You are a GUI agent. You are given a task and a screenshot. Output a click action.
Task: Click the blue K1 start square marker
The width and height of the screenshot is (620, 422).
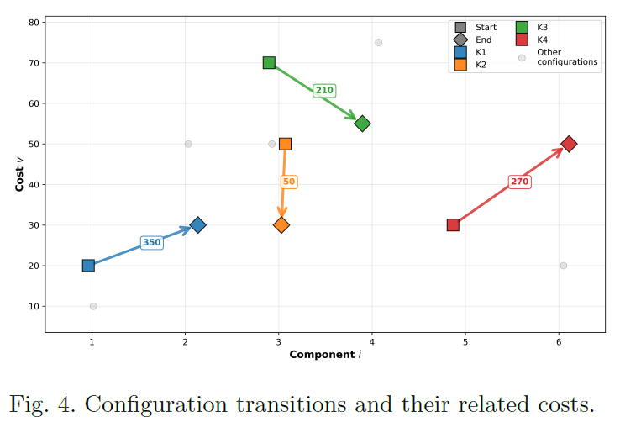point(88,266)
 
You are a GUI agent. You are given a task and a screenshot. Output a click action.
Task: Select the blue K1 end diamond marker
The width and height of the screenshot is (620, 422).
point(197,224)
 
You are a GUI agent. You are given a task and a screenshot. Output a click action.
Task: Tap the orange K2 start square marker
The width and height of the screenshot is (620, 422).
point(285,144)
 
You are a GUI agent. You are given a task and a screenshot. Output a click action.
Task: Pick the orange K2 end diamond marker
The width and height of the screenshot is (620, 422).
point(281,224)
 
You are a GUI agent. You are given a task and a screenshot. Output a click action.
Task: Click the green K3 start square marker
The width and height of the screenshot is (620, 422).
point(269,62)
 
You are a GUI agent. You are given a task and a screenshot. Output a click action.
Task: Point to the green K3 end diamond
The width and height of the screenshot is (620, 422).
point(362,124)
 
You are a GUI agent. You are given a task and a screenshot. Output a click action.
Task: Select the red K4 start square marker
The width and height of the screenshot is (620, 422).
point(453,224)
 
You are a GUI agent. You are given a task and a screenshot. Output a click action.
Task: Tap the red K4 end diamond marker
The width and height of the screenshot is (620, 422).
point(569,144)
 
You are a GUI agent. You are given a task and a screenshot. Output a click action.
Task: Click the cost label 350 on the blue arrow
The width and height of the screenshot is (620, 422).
point(151,243)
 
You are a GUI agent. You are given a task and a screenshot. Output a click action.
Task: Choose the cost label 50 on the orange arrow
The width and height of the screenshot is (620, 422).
point(289,182)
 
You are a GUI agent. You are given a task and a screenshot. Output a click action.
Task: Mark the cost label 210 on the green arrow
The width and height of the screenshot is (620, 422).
point(324,91)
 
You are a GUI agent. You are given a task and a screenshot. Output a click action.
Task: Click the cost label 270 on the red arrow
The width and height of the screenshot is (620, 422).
point(520,182)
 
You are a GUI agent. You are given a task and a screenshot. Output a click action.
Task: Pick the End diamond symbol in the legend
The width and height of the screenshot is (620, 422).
point(460,40)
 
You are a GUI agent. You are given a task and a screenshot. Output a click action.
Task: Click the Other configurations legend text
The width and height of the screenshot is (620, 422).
point(567,57)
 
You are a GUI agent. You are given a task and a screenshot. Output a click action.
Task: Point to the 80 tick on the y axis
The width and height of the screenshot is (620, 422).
point(34,23)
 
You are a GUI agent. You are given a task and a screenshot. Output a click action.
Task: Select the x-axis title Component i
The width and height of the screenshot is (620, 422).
point(325,355)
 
